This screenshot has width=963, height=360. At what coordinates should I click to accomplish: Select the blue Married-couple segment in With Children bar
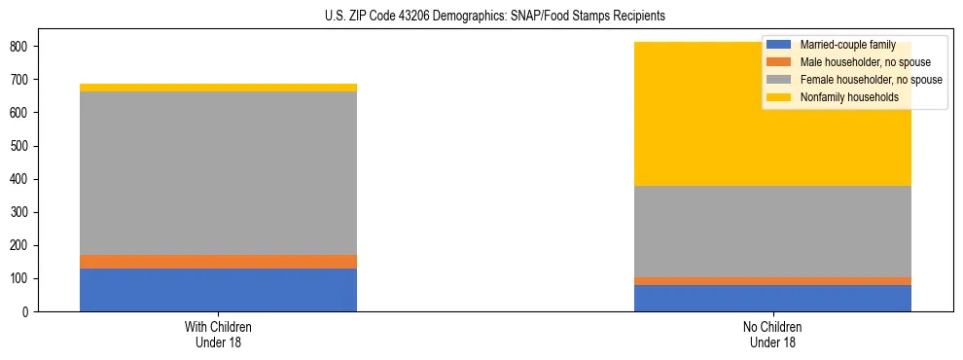(x=218, y=290)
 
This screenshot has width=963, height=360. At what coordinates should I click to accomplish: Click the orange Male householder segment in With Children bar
(x=218, y=262)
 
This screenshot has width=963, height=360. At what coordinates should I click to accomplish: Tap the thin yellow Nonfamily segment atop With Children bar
(x=218, y=88)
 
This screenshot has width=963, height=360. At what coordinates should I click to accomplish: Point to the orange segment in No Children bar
(x=772, y=281)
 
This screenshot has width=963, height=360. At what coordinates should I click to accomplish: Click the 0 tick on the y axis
(x=26, y=311)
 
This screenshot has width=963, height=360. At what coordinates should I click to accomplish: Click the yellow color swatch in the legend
(x=779, y=97)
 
